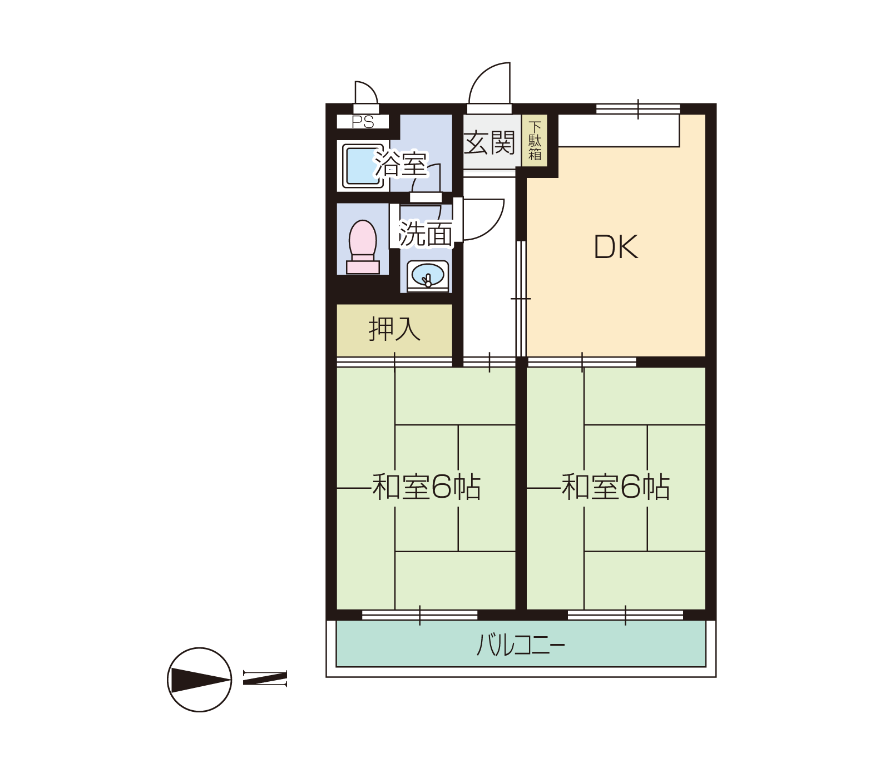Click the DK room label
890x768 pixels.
[616, 247]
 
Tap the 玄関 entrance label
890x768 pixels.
[489, 143]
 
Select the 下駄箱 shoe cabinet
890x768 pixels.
[535, 141]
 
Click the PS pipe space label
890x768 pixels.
[363, 122]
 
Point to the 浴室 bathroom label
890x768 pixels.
[400, 164]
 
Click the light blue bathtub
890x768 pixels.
[363, 165]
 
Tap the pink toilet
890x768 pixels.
[363, 247]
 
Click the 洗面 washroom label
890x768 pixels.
[426, 234]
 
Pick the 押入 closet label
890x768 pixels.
[394, 329]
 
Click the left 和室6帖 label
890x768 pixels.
[426, 487]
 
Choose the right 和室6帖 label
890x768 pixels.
[615, 487]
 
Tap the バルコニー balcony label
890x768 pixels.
[521, 645]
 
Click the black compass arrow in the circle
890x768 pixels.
[200, 680]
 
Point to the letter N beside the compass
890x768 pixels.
[265, 678]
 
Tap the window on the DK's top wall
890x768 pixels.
[638, 109]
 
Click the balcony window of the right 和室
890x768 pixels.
[625, 615]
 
